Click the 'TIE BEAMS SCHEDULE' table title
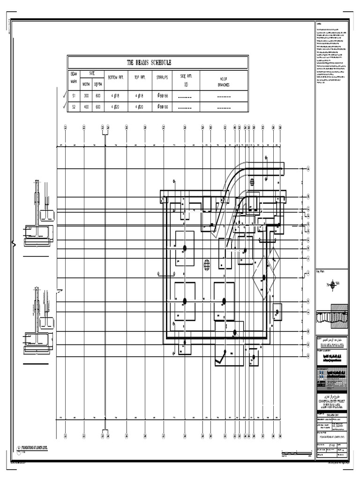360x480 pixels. coord(149,62)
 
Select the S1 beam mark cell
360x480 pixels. coord(74,96)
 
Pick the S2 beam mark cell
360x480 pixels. coord(74,107)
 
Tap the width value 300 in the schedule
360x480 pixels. coord(86,96)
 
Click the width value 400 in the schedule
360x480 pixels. coord(86,107)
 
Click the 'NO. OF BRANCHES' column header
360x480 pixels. coord(223,82)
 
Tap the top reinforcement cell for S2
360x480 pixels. coord(141,107)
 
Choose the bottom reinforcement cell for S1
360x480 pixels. coord(115,96)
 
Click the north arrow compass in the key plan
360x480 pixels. coord(332,284)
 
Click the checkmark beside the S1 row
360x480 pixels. coord(64,95)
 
